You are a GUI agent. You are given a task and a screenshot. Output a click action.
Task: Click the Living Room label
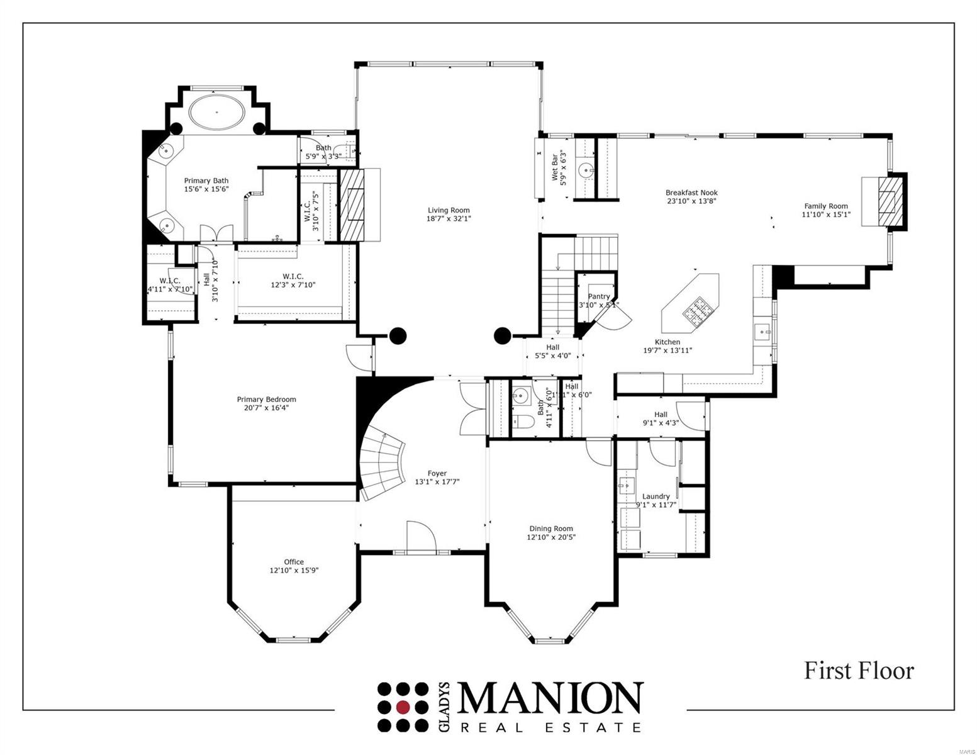click(x=449, y=210)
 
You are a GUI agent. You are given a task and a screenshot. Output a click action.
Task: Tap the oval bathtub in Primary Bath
click(x=217, y=113)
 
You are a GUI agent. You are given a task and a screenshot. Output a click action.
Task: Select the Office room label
click(x=294, y=562)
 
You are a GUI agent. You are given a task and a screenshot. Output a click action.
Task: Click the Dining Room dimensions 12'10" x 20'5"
click(x=551, y=537)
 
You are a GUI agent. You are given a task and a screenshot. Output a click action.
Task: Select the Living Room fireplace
click(x=352, y=204)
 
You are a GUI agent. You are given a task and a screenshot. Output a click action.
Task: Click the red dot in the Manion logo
click(x=403, y=707)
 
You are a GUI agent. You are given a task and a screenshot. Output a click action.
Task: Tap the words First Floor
click(x=859, y=671)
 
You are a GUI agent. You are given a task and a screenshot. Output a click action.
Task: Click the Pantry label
click(x=598, y=296)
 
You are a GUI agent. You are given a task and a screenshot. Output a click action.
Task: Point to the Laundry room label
click(x=656, y=496)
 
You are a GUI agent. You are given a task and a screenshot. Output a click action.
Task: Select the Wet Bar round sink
click(x=586, y=169)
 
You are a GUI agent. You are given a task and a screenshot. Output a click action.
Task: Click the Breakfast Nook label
click(x=691, y=193)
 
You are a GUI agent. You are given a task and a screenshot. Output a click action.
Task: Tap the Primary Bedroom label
click(x=266, y=399)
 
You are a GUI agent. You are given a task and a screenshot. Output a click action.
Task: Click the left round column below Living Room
click(x=396, y=336)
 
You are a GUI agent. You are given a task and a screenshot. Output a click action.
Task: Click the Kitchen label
click(x=667, y=342)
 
